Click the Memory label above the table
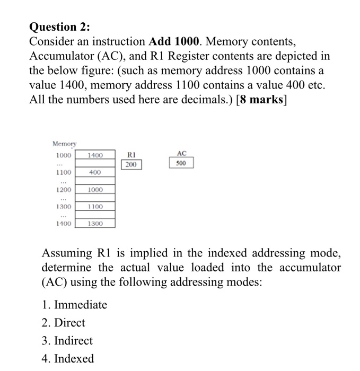pyautogui.click(x=65, y=144)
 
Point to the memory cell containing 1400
pyautogui.click(x=95, y=155)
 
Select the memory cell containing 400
pyautogui.click(x=95, y=172)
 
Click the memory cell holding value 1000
pyautogui.click(x=95, y=190)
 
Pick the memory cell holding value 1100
pyautogui.click(x=95, y=207)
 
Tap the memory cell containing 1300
pyautogui.click(x=95, y=224)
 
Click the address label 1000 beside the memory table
pyautogui.click(x=63, y=155)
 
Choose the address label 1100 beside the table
pyautogui.click(x=63, y=172)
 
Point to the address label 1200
pyautogui.click(x=63, y=190)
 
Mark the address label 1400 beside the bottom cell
pyautogui.click(x=63, y=224)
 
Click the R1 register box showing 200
pyautogui.click(x=131, y=165)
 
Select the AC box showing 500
pyautogui.click(x=181, y=164)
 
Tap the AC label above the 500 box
pyautogui.click(x=181, y=154)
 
